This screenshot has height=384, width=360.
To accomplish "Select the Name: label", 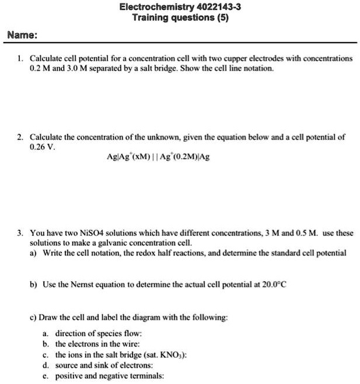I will (23, 35).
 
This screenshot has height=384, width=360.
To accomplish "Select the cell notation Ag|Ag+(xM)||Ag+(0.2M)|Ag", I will (153, 158).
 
